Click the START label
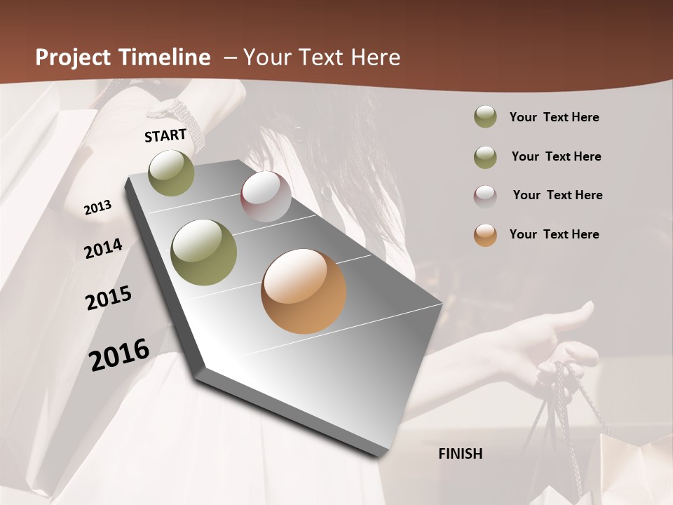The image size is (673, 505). coord(165,135)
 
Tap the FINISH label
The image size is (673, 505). coord(460,454)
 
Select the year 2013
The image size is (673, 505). coord(97,208)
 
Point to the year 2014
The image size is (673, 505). coord(103,248)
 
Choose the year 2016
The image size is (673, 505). coord(119,355)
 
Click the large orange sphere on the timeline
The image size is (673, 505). coord(304,291)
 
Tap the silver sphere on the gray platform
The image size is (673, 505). coord(266,196)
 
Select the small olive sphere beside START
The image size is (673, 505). coord(172,173)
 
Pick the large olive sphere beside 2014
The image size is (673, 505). coord(203,252)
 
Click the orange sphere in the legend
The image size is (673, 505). coord(485,235)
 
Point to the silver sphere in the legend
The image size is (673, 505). coord(485,196)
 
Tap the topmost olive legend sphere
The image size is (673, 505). coord(485,116)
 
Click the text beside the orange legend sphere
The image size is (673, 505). coord(554,234)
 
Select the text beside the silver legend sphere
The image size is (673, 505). coord(557,195)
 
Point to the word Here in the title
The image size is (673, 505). coord(371,58)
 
